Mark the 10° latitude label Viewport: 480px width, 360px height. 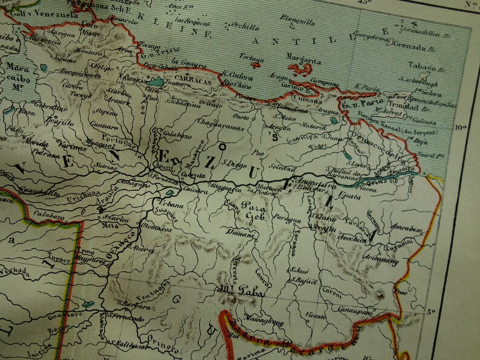pos(462,127)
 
